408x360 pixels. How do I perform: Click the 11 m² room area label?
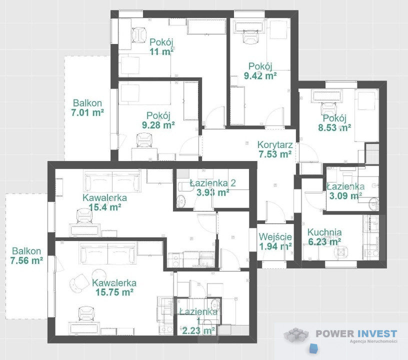[161, 51]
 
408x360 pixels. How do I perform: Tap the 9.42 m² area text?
[260, 75]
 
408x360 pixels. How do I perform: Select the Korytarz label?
[275, 144]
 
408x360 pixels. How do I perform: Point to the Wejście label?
[275, 237]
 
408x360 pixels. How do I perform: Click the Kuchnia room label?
[324, 232]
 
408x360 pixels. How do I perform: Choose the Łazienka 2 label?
[213, 183]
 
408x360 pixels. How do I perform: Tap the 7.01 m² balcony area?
[87, 112]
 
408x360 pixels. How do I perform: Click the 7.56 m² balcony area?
[26, 260]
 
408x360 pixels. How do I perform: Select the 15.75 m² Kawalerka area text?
[114, 292]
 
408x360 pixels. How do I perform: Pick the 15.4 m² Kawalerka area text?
[105, 207]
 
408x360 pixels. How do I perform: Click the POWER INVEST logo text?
[356, 333]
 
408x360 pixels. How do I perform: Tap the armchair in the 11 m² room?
[139, 35]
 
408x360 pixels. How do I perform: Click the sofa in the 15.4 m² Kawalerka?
[112, 180]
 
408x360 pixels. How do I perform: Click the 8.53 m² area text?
[334, 127]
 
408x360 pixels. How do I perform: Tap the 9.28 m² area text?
[158, 125]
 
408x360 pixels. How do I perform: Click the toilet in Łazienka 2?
[181, 201]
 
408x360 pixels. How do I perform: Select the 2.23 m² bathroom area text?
[198, 330]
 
